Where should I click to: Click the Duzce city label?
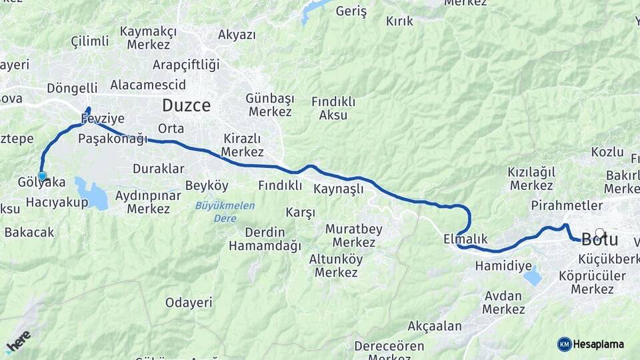point(186,105)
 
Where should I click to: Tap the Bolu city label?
point(599,239)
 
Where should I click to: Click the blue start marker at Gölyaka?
point(42,176)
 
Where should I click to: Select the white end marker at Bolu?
point(600,233)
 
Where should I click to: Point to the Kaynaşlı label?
point(339,189)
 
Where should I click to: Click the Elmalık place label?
point(465,239)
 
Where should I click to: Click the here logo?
point(18,341)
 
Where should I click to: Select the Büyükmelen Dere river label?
point(225,211)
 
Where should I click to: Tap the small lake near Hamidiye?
point(533,275)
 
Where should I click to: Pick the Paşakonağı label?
point(111,139)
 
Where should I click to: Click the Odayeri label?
point(189,303)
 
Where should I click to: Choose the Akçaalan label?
point(434,326)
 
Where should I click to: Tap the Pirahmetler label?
point(567,205)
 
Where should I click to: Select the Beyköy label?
point(207,185)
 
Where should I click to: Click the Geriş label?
point(351,11)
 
